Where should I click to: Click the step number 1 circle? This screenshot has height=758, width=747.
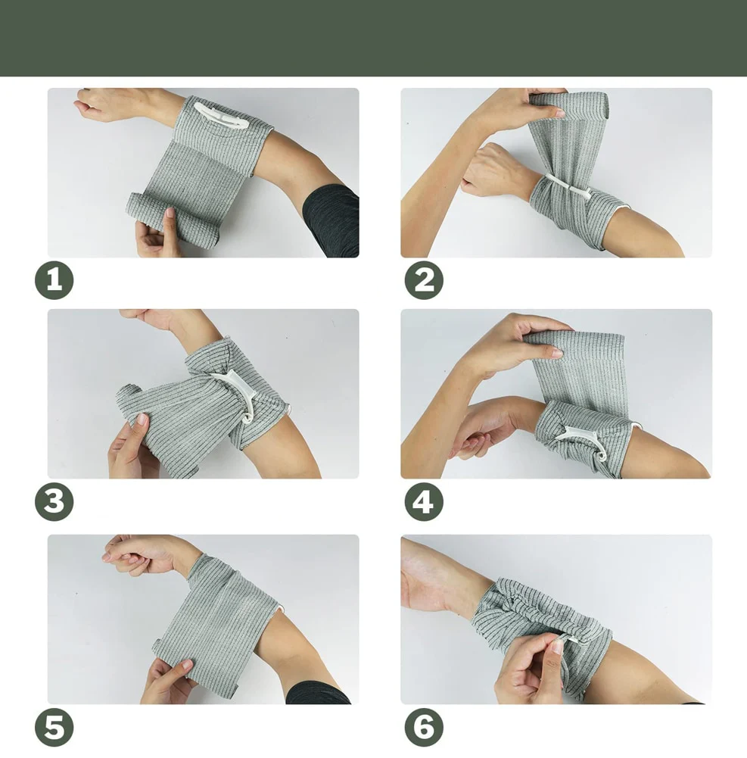[x=54, y=280]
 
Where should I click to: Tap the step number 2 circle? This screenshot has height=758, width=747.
[x=424, y=280]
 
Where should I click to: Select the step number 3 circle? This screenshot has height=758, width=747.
[x=54, y=501]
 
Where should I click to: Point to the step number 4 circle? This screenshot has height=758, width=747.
[x=424, y=501]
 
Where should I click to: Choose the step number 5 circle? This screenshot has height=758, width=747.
[x=54, y=727]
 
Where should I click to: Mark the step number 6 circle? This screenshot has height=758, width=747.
[x=424, y=727]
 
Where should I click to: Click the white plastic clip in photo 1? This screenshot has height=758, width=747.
[x=221, y=117]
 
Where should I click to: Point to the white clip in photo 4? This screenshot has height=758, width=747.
[x=582, y=439]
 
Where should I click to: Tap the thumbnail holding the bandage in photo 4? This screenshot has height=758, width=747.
[x=556, y=353]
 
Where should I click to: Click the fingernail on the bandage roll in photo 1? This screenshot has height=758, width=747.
[x=170, y=212]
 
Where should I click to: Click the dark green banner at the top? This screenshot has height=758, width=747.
[x=374, y=38]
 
